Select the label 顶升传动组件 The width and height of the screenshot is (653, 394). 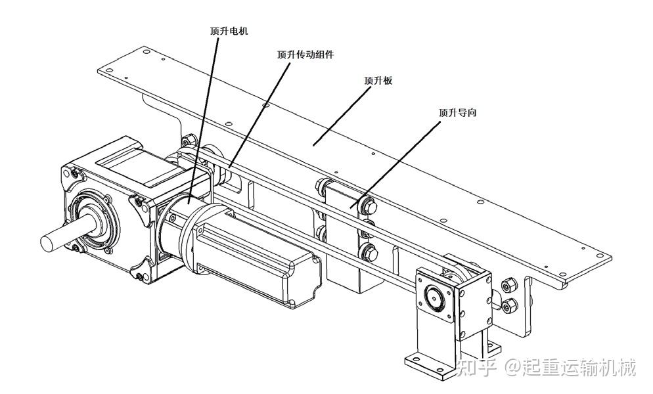point(305,55)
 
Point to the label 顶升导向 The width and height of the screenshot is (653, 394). point(457,112)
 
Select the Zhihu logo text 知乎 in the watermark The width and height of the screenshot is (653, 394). point(478,368)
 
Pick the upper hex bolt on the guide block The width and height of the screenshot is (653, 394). point(366,205)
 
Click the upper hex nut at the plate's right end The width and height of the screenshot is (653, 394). point(508,284)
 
